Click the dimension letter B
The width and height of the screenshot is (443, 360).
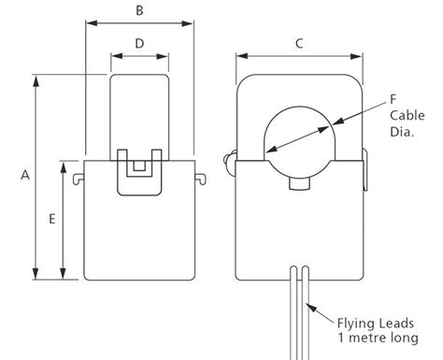click(x=138, y=11)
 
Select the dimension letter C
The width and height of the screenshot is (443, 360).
click(x=298, y=43)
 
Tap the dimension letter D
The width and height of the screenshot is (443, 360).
click(x=138, y=43)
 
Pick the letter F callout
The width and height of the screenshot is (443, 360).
click(x=393, y=96)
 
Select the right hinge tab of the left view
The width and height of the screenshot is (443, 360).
click(x=200, y=175)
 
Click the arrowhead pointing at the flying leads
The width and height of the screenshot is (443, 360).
click(x=315, y=301)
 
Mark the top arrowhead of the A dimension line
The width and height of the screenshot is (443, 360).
click(x=37, y=77)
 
